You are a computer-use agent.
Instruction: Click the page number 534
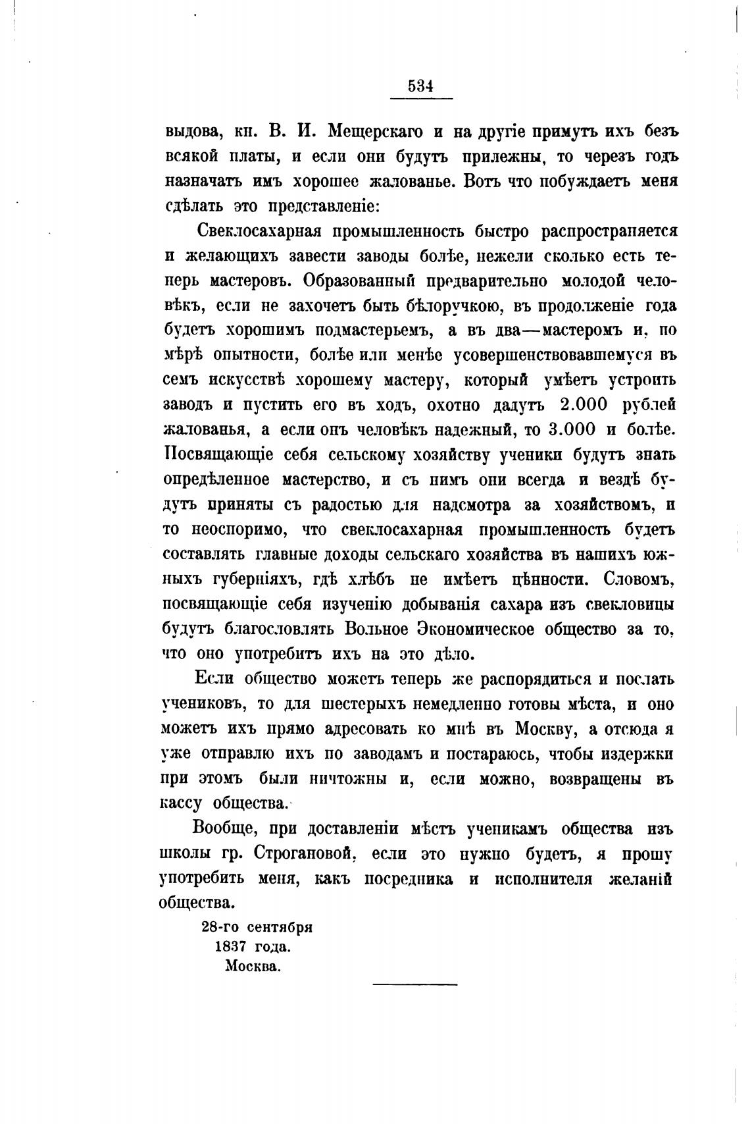coord(419,86)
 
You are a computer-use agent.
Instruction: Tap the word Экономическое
coord(479,629)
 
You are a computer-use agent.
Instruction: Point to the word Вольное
coord(378,629)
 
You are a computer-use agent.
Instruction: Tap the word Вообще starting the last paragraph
coord(228,828)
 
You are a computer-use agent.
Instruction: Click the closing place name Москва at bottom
coord(252,967)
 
